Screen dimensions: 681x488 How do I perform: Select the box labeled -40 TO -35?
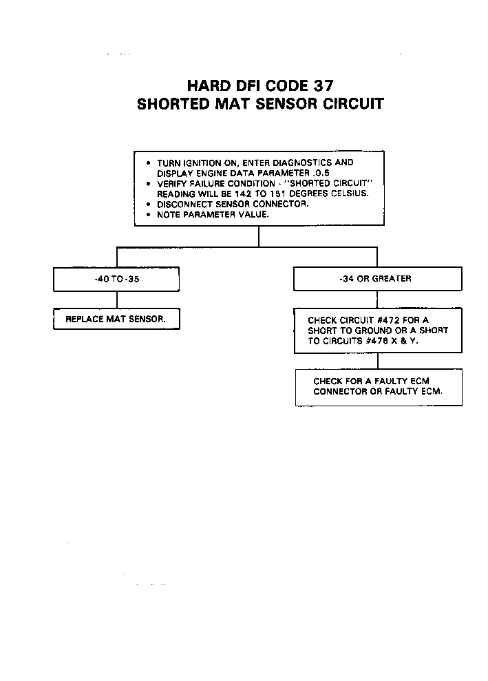pyautogui.click(x=116, y=279)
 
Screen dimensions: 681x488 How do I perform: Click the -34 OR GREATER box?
pyautogui.click(x=377, y=279)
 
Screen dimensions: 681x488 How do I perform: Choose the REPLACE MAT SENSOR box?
pyautogui.click(x=116, y=319)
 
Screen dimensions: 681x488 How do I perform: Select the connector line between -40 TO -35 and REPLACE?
pyautogui.click(x=116, y=300)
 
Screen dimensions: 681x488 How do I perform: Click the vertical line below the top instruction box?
pyautogui.click(x=259, y=235)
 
